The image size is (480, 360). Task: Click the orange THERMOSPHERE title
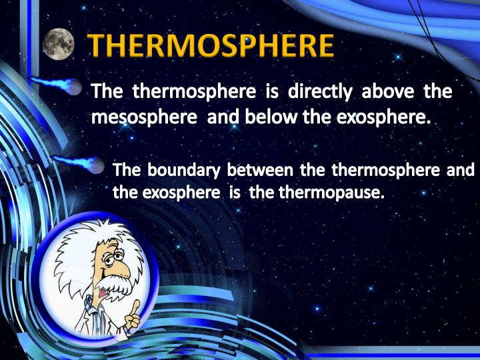coord(211,46)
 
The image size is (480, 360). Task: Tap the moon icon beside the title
coord(59,44)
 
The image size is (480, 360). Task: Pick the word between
coord(261,171)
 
